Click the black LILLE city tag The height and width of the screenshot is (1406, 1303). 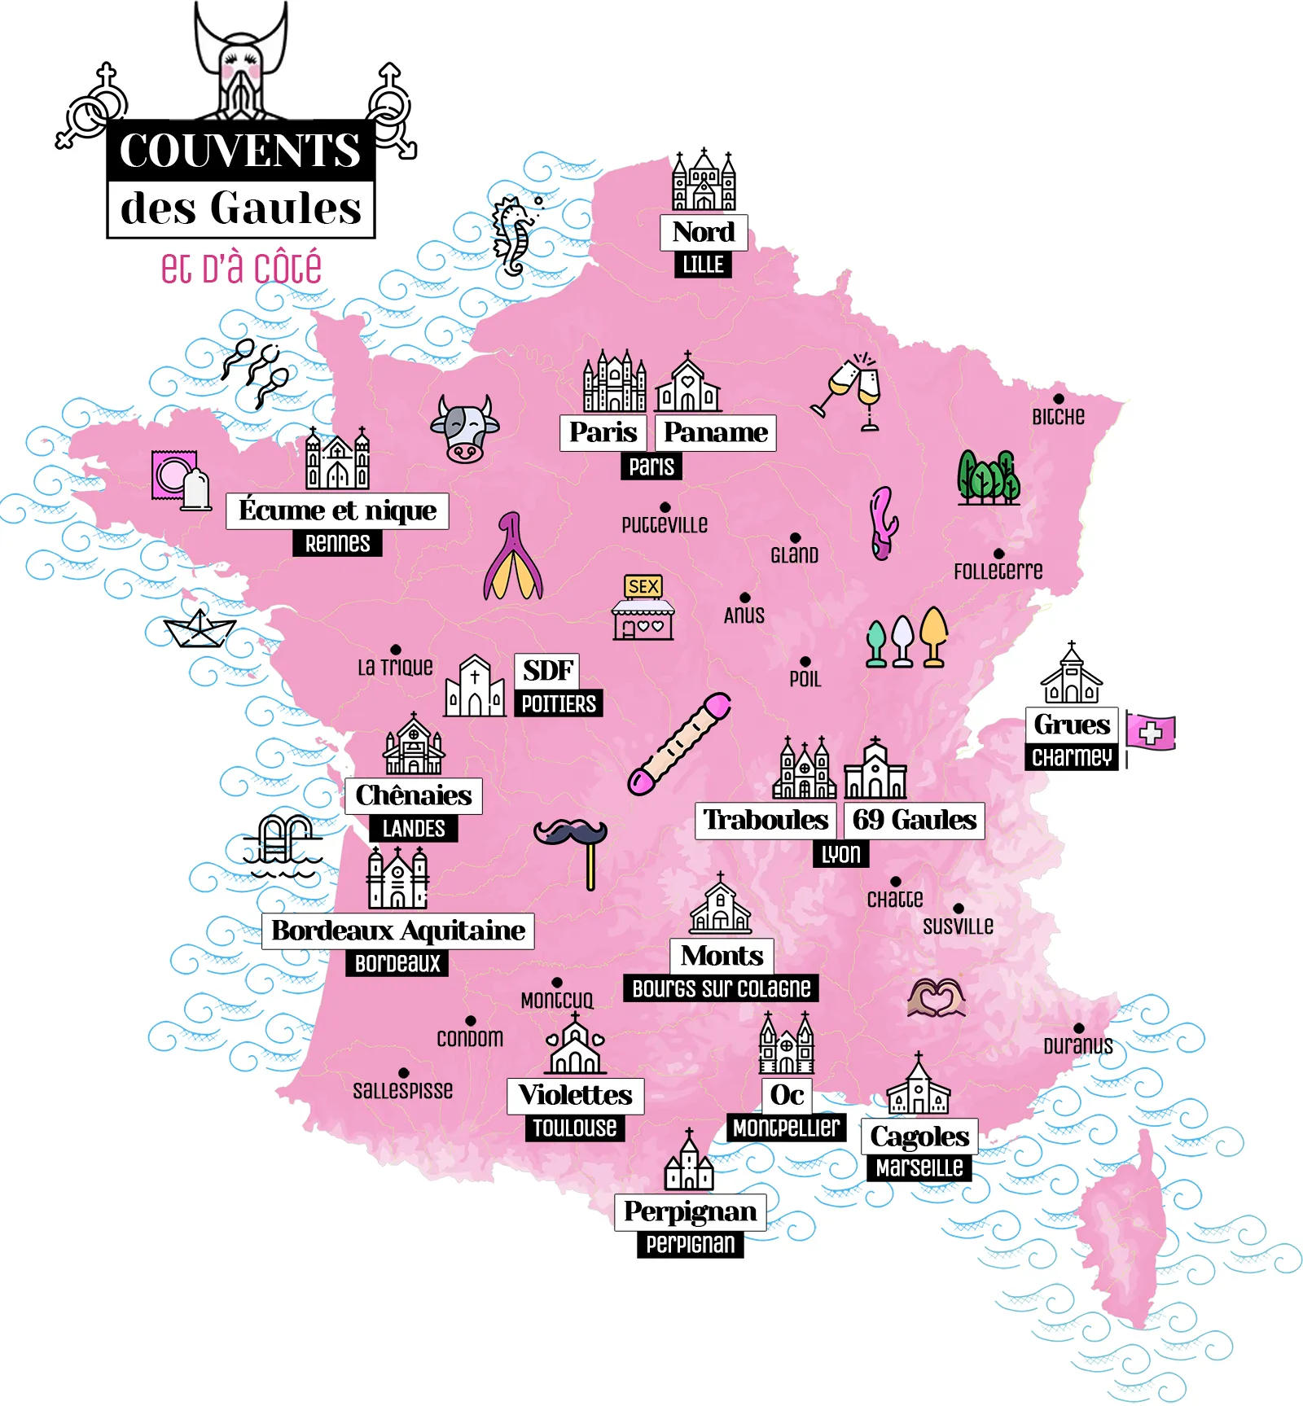(x=703, y=265)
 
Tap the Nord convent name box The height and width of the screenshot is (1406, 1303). (x=704, y=232)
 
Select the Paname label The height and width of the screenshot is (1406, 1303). (x=715, y=432)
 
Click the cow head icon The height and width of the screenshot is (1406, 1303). (x=464, y=429)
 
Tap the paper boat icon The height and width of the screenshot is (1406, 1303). (x=200, y=629)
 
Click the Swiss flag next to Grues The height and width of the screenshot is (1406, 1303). (x=1151, y=732)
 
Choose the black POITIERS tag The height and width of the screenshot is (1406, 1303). (x=559, y=703)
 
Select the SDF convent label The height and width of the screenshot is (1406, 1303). (x=547, y=670)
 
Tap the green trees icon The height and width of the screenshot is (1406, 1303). (x=988, y=477)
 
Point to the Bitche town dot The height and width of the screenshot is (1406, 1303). (x=1058, y=399)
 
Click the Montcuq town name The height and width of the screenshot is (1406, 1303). (x=557, y=1000)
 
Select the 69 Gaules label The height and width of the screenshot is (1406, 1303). (x=914, y=820)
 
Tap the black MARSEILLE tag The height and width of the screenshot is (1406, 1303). (x=919, y=1167)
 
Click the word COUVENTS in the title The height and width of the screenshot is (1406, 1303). (x=240, y=151)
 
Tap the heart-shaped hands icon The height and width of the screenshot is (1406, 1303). (x=937, y=997)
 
